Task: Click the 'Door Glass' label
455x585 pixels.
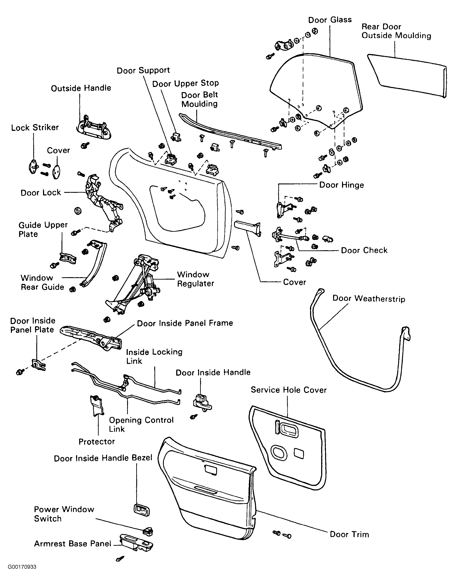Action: (330, 20)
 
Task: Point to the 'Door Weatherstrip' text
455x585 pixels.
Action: (369, 299)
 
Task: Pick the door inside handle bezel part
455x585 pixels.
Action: (141, 510)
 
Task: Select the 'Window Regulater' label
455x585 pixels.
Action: (196, 279)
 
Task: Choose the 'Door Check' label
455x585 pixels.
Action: (364, 250)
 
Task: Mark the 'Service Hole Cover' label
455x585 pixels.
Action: (288, 390)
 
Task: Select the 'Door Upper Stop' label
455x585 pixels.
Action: (185, 83)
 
